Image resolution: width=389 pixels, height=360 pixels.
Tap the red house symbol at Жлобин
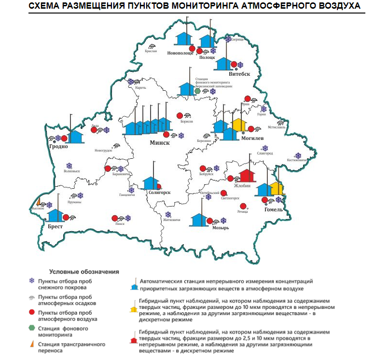click(247, 177)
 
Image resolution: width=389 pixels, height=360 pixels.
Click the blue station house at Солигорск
click(151, 183)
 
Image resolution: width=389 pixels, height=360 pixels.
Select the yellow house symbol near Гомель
click(277, 188)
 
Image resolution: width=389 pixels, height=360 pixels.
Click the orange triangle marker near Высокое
click(38, 202)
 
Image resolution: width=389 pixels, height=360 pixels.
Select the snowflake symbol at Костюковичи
click(298, 156)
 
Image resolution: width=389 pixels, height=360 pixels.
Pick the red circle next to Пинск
click(114, 218)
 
